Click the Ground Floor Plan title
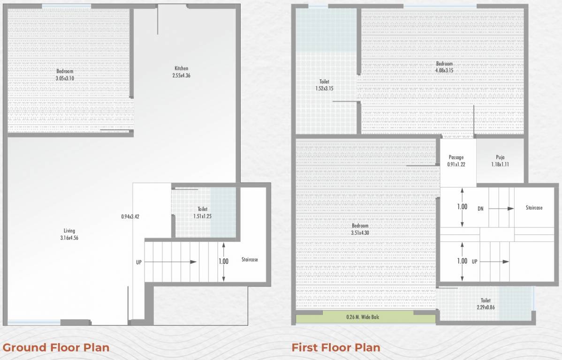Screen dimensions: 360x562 pos(56,347)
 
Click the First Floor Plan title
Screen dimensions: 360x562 pos(335,347)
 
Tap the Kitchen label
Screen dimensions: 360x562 pos(181,68)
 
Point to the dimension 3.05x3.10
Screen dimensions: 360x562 pos(65,78)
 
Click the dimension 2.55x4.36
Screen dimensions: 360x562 pos(181,75)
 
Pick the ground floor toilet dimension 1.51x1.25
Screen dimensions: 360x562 pos(203,216)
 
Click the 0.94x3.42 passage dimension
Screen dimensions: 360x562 pos(130,217)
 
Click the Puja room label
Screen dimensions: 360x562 pos(500,157)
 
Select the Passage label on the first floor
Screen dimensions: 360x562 pos(456,157)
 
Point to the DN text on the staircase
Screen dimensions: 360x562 pos(480,208)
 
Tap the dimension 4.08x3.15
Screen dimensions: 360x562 pos(444,70)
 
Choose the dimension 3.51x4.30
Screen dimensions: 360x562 pos(360,232)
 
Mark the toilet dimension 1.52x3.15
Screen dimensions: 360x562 pos(324,88)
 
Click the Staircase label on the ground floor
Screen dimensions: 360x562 pos(250,259)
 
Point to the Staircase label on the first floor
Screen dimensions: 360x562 pos(534,207)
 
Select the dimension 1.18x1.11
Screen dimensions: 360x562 pos(500,164)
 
